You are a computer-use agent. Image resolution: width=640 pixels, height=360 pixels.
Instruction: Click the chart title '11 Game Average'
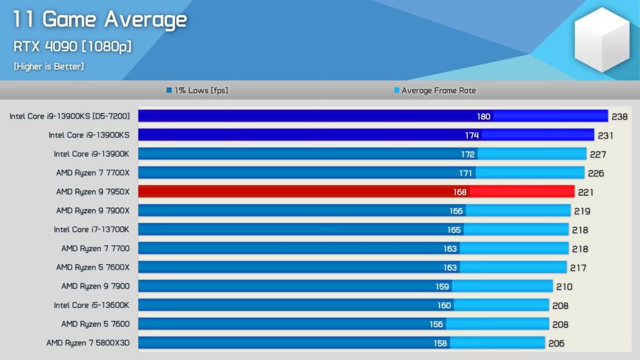pos(100,20)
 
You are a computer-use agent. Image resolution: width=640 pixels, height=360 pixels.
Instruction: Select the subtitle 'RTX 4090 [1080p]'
pos(73,46)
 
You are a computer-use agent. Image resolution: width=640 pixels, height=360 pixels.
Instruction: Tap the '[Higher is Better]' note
pos(49,66)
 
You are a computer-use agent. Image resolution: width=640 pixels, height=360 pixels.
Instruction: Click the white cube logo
pos(602,39)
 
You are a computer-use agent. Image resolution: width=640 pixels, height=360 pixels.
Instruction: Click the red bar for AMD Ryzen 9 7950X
pos(356,191)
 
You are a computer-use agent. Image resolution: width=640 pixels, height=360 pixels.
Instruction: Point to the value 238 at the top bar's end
pos(620,117)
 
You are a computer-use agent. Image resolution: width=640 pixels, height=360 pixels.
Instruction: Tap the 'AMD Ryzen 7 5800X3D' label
pos(88,343)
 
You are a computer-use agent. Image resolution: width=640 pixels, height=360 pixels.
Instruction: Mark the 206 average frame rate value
pos(556,343)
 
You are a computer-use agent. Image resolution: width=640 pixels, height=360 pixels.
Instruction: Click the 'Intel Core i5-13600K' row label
pos(91,305)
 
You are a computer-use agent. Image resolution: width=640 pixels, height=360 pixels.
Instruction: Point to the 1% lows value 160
pos(444,306)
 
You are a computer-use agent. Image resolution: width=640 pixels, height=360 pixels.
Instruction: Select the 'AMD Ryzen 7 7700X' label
pos(93,173)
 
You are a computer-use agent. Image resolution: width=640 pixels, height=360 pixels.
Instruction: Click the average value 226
pos(596,173)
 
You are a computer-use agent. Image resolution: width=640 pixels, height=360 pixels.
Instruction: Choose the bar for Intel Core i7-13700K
pos(354,229)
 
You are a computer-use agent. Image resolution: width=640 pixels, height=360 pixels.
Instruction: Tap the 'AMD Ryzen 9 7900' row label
pos(95,286)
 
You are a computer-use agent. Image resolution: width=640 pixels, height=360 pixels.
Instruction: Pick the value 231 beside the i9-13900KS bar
pos(605,135)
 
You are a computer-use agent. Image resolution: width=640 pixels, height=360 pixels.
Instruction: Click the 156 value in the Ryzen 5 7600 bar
pos(436,324)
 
